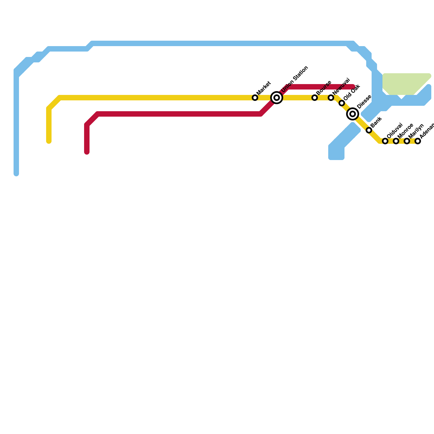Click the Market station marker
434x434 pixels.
point(255,98)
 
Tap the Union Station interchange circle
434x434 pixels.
point(277,98)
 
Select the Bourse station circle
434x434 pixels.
point(315,98)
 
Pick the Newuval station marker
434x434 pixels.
point(331,98)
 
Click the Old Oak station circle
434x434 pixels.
point(342,103)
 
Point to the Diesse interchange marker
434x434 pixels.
point(353,114)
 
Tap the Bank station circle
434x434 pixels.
point(369,130)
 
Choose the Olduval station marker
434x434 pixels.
point(385,141)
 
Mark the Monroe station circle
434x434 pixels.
point(396,141)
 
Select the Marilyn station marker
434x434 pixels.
point(407,141)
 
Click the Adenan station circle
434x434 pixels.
point(418,141)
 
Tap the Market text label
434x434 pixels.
point(263,88)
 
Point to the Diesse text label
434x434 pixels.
point(364,102)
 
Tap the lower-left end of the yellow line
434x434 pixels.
point(49,141)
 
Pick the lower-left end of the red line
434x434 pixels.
point(87,152)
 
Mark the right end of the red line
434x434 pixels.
point(353,87)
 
